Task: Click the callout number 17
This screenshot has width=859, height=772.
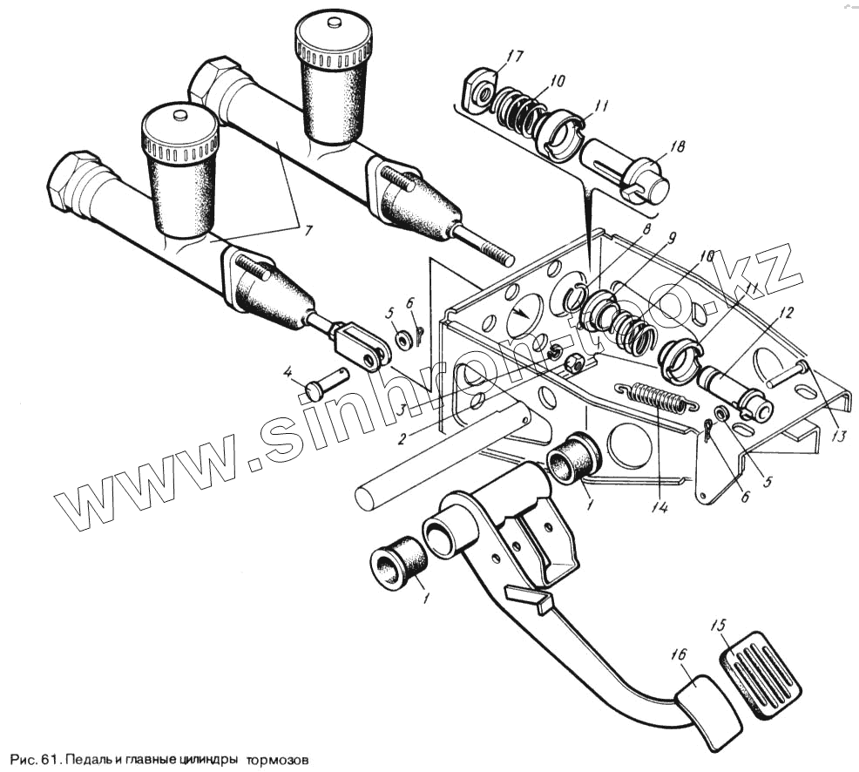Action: click(x=515, y=58)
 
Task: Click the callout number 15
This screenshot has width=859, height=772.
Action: click(x=718, y=626)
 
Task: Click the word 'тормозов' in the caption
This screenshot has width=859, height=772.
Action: click(x=278, y=758)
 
